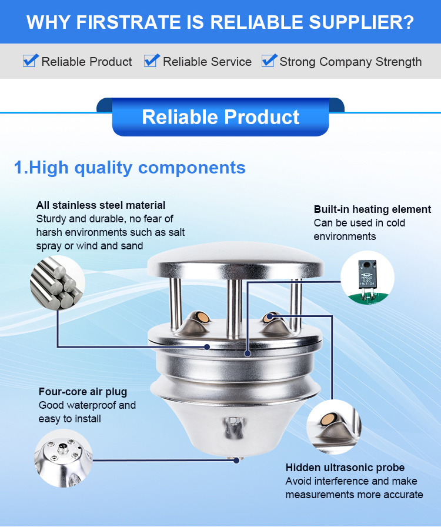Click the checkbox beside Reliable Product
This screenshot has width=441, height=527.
click(x=30, y=61)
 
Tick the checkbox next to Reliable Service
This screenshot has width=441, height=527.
click(x=151, y=61)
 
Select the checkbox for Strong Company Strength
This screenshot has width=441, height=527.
click(x=269, y=61)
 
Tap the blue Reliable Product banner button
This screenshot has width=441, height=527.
click(x=220, y=117)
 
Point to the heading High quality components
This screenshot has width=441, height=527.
click(x=130, y=168)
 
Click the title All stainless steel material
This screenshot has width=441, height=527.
click(x=101, y=205)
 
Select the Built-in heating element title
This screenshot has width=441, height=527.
click(x=372, y=209)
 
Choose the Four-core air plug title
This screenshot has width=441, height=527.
click(x=83, y=392)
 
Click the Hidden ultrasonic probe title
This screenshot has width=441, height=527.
click(x=345, y=468)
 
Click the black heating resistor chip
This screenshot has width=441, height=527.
click(x=367, y=274)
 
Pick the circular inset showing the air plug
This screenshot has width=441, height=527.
click(x=64, y=458)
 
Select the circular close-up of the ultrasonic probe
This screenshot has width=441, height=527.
click(x=334, y=427)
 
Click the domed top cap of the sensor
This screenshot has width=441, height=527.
click(x=235, y=260)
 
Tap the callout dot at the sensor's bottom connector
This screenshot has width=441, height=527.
click(x=236, y=461)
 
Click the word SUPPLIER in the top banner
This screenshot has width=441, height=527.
click(x=362, y=22)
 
